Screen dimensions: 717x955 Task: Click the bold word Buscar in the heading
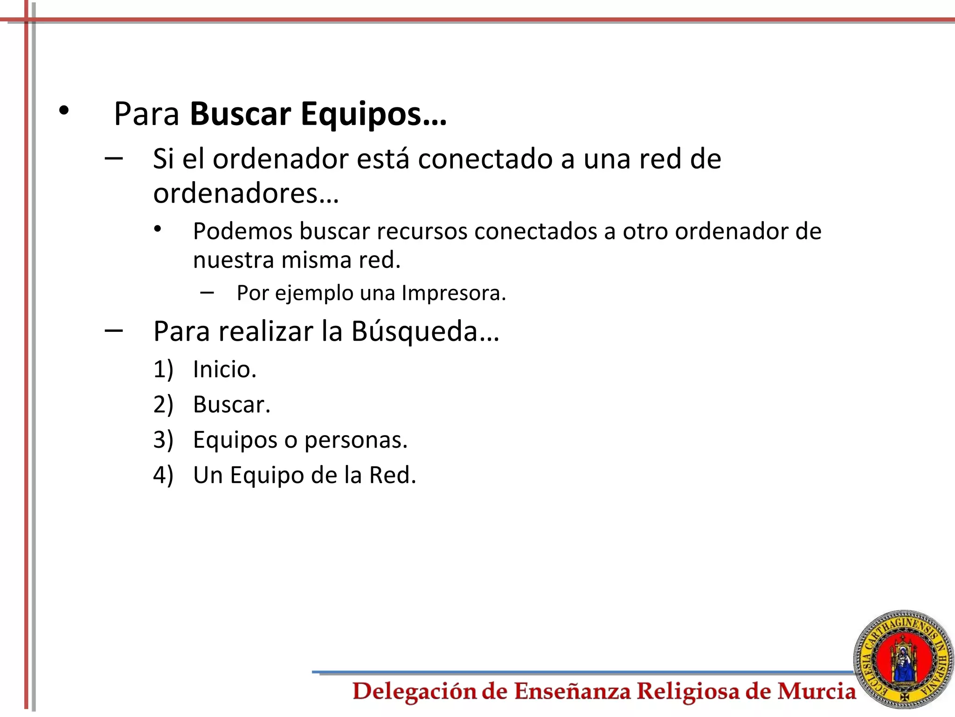(x=241, y=114)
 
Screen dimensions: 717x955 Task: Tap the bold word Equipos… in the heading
(x=374, y=115)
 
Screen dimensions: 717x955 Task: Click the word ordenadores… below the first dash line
(x=246, y=193)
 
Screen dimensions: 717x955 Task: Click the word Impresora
(x=453, y=293)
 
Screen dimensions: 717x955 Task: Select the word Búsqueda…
(x=425, y=331)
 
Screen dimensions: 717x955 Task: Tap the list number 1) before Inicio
(x=163, y=369)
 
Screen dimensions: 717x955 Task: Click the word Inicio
(x=224, y=369)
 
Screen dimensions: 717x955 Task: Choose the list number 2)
(x=163, y=404)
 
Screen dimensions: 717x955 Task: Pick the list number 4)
(x=163, y=475)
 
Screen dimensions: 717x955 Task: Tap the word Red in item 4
(x=392, y=475)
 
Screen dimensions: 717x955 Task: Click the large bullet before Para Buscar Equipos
(x=64, y=111)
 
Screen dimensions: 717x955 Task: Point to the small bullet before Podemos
(x=158, y=229)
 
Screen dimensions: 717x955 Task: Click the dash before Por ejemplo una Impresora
(x=207, y=293)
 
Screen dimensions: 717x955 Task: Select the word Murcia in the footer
(x=816, y=691)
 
